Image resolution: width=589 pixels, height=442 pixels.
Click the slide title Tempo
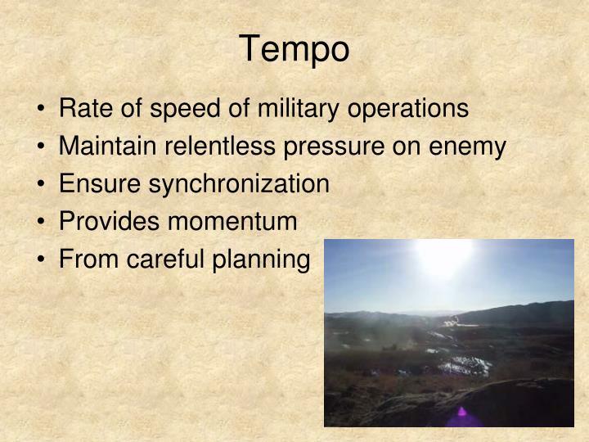click(294, 50)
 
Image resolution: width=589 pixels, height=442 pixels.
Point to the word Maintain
click(104, 147)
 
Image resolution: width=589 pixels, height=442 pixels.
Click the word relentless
click(217, 147)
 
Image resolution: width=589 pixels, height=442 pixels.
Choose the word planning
click(263, 259)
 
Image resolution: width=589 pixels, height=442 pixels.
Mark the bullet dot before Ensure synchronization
click(43, 185)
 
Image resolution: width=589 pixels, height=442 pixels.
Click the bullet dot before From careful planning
click(43, 260)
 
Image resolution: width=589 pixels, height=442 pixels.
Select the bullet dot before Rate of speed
click(43, 110)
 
